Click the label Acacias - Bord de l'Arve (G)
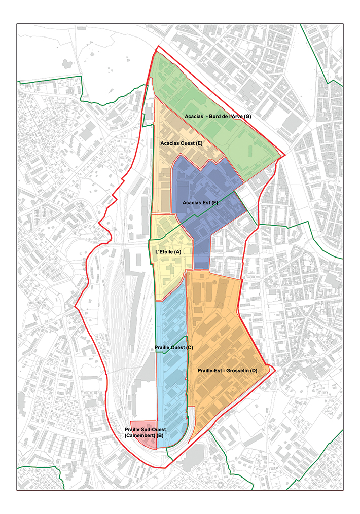point(218,117)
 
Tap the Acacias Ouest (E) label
point(182,143)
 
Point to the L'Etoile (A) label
point(167,251)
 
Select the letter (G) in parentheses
point(247,117)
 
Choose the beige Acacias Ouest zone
point(162,177)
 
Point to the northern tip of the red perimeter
point(157,47)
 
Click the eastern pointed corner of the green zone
point(284,155)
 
